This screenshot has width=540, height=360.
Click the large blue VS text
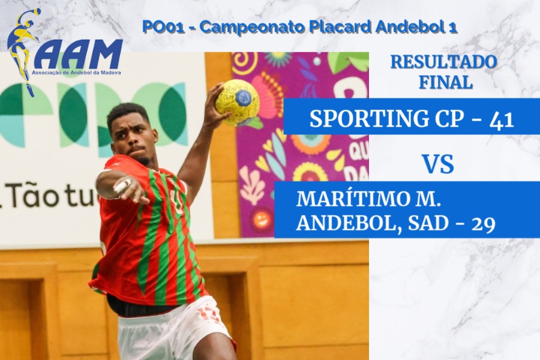438,164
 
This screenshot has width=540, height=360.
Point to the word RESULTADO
444,62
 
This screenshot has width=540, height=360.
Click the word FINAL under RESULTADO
445,82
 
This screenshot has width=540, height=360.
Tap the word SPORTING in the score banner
367,119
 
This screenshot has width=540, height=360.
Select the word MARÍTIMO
353,199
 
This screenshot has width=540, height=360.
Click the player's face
134,139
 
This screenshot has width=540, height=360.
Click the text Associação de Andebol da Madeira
76,73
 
